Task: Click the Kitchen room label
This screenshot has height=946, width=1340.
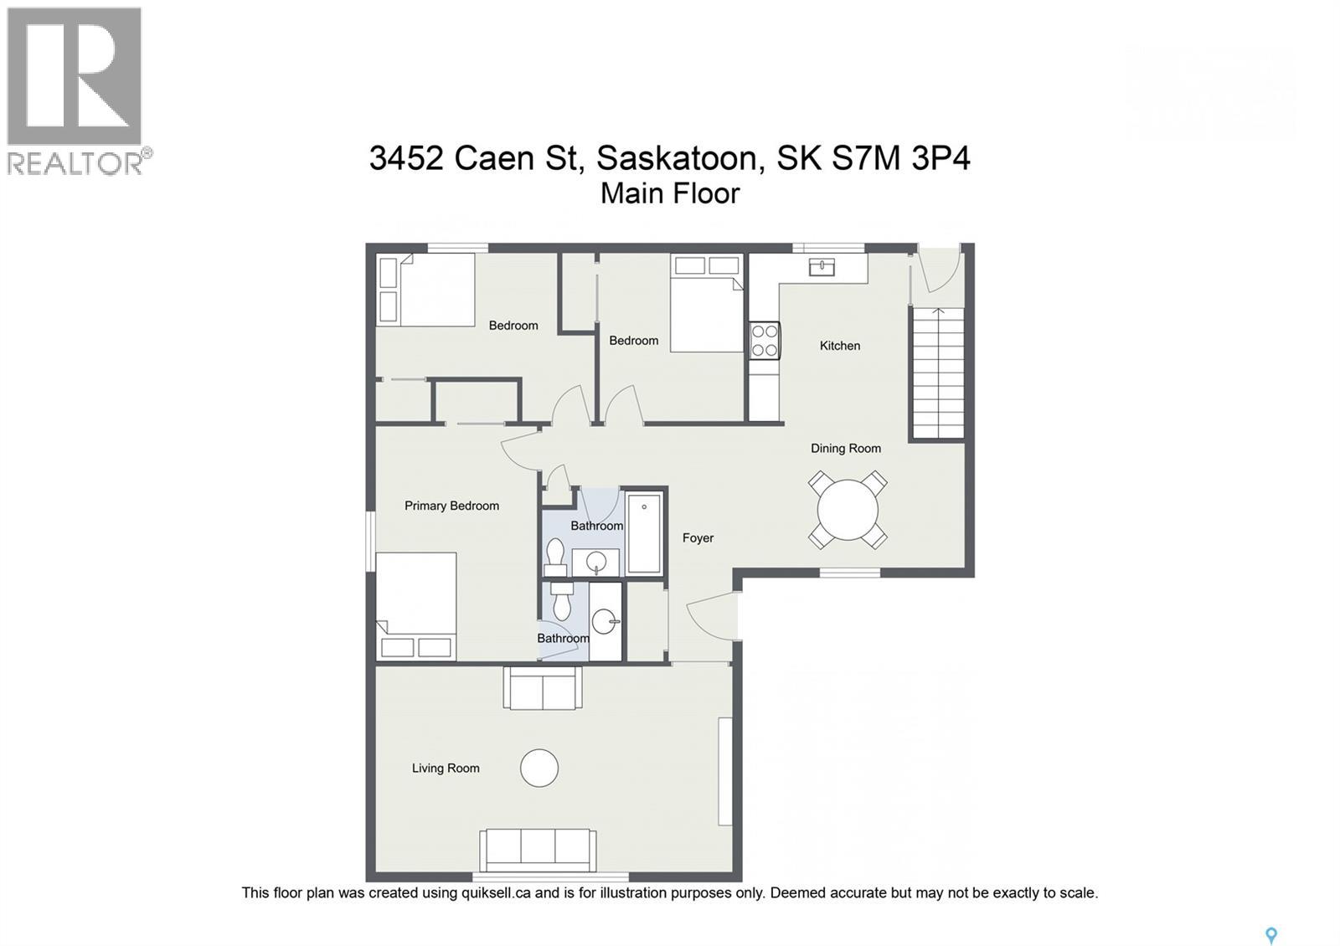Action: [839, 346]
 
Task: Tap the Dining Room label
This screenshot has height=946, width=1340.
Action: [845, 449]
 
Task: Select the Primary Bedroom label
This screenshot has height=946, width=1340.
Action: [451, 506]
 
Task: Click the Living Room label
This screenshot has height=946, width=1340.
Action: [446, 769]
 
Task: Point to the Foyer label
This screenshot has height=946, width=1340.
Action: [698, 538]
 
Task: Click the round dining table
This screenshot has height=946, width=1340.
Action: [848, 510]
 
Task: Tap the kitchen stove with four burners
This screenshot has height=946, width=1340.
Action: [765, 341]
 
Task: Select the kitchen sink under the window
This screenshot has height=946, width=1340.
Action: [822, 267]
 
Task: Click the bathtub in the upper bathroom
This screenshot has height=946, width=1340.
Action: [644, 533]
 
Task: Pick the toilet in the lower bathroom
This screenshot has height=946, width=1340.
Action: [562, 601]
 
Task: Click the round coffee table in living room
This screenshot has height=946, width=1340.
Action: [539, 768]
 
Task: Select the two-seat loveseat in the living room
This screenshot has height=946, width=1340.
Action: [543, 688]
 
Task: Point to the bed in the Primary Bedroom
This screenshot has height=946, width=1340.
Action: [416, 604]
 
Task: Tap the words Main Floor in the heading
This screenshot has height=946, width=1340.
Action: [670, 193]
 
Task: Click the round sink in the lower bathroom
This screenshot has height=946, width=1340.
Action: [605, 621]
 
